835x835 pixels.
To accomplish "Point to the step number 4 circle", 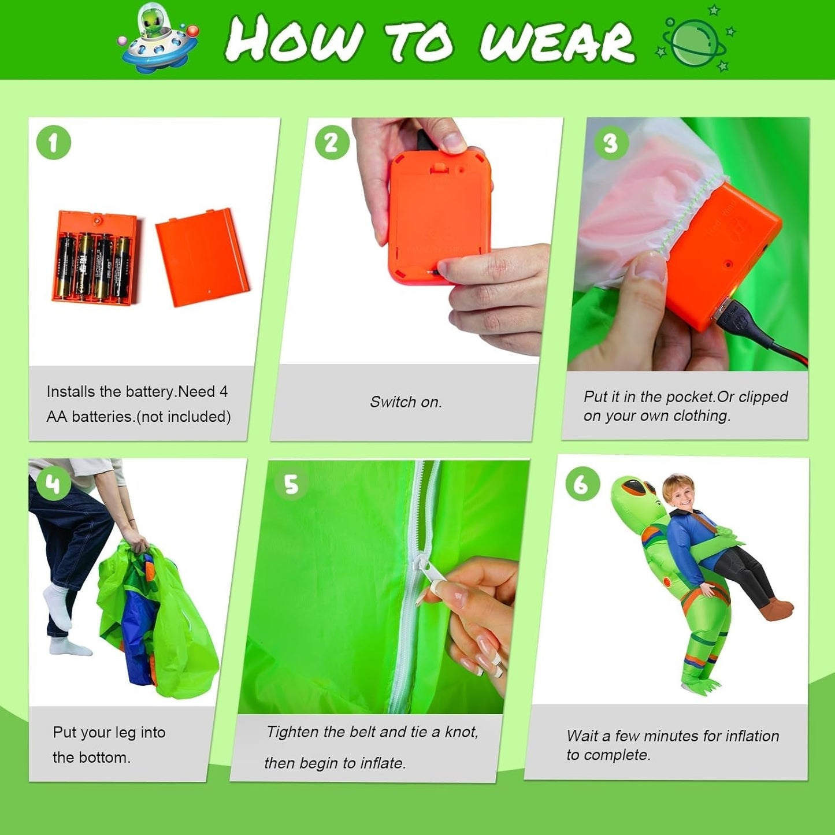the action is click(x=54, y=484).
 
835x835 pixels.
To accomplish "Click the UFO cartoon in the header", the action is click(x=158, y=38).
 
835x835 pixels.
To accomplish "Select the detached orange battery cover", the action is click(x=202, y=257).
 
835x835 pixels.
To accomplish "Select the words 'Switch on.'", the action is click(x=406, y=402).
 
